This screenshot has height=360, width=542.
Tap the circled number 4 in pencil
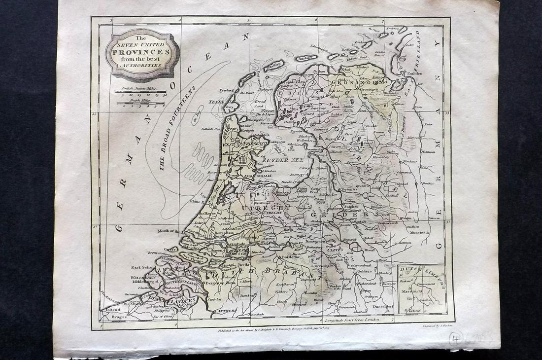455,339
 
